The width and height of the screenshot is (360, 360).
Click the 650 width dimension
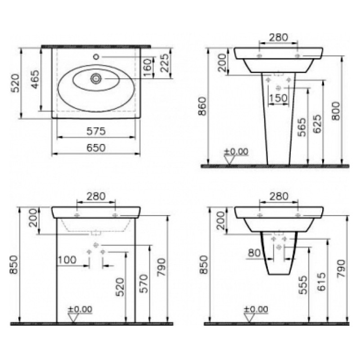tap(96, 148)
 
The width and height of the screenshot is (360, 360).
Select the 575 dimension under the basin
tap(96, 131)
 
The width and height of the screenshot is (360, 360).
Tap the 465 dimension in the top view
tap(35, 79)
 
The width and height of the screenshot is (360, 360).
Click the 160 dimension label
tap(148, 67)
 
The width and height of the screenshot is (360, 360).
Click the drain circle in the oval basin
tap(96, 79)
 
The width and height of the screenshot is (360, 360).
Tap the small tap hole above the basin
tap(96, 56)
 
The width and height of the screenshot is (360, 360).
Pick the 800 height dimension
tap(336, 111)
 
